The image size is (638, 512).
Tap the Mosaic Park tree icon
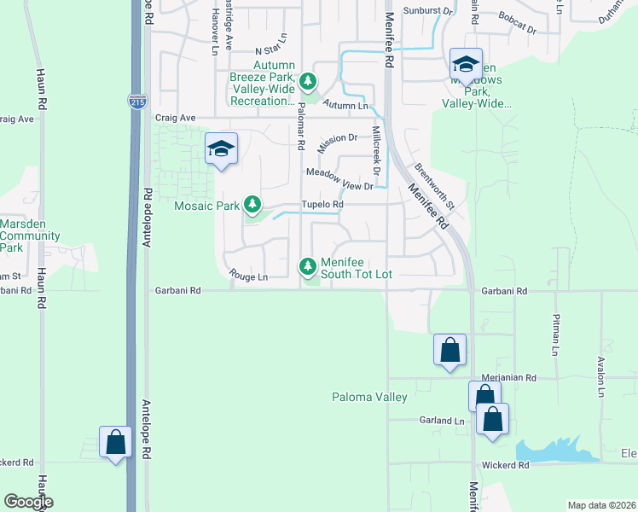252,204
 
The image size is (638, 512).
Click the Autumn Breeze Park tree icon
308,82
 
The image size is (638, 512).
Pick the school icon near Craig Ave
221,149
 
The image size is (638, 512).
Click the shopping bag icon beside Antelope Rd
115,442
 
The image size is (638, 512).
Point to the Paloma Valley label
369,397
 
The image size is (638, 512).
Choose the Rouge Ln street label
248,276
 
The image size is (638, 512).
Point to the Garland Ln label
441,421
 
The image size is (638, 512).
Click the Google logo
27,502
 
